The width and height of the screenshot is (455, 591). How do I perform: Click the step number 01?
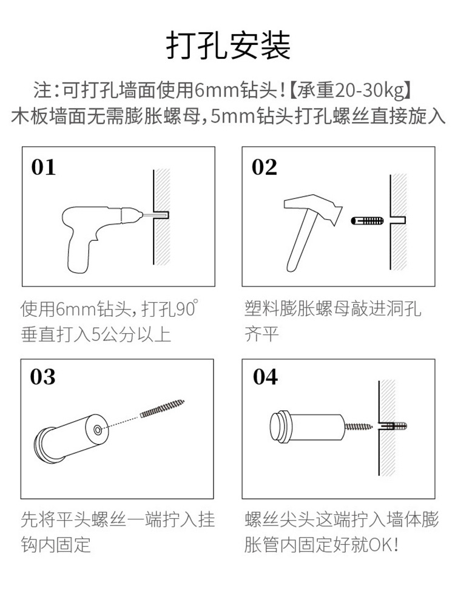[44, 167]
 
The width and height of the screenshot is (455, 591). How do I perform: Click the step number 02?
[265, 167]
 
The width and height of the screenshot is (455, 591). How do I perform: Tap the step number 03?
[42, 377]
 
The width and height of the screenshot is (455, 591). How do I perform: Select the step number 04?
[265, 377]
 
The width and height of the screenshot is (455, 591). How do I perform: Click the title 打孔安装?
[229, 46]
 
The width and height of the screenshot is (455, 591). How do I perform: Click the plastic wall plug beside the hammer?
[367, 220]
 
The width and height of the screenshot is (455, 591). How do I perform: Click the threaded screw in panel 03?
[163, 408]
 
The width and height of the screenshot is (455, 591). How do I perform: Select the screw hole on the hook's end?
[98, 430]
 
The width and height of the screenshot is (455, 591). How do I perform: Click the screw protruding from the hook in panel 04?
[358, 427]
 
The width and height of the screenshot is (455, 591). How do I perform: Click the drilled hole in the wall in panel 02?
[398, 220]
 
